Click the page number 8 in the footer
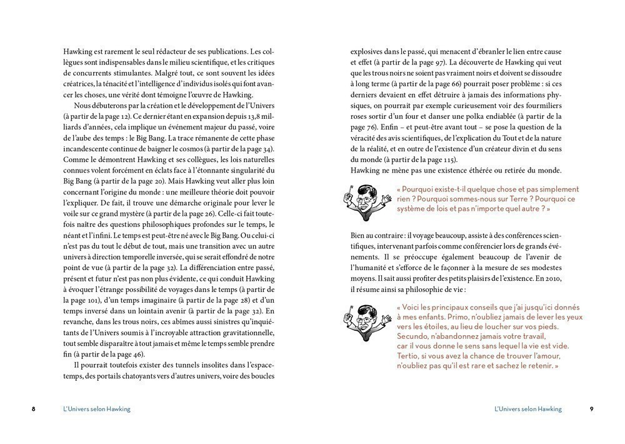click(x=34, y=409)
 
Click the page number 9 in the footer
click(x=591, y=409)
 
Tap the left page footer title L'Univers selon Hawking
click(x=97, y=409)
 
